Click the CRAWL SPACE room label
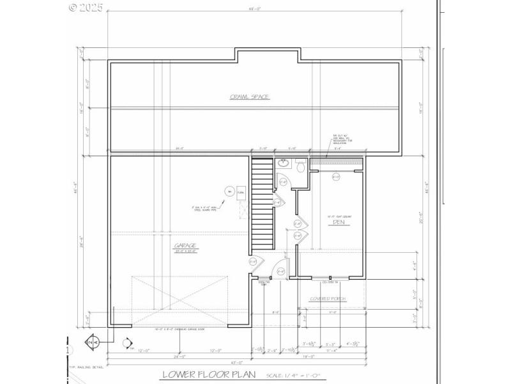pyautogui.click(x=250, y=97)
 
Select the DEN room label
pyautogui.click(x=330, y=222)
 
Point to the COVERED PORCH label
pyautogui.click(x=328, y=299)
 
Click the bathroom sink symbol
pyautogui.click(x=283, y=164)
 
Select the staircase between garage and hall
pyautogui.click(x=262, y=205)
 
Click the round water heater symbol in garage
pyautogui.click(x=228, y=191)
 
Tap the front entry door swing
pyautogui.click(x=281, y=271)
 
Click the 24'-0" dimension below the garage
pyautogui.click(x=179, y=356)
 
